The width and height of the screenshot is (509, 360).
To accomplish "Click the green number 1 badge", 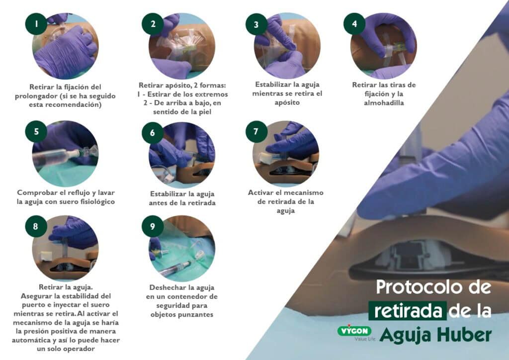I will click(x=36, y=24).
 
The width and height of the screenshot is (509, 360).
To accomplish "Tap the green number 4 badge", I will click(x=354, y=24).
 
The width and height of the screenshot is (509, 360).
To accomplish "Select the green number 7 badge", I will click(x=256, y=132).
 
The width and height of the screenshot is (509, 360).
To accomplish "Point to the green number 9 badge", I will click(x=152, y=226).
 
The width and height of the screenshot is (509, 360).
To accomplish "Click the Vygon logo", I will click(x=354, y=331).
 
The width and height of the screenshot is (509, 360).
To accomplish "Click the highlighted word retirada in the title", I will click(x=407, y=311).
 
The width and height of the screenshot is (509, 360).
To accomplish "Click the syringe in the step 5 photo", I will click(x=55, y=157).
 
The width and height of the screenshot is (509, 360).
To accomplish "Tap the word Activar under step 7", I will click(x=263, y=192).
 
